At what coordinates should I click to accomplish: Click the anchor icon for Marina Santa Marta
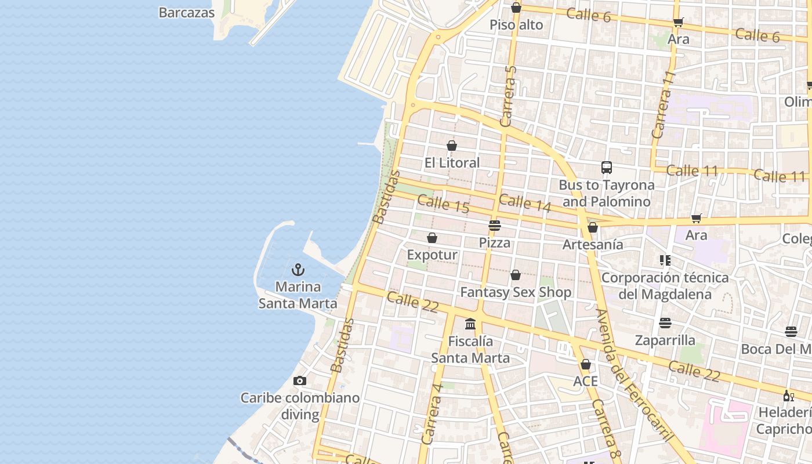298,270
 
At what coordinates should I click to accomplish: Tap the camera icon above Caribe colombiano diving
299,381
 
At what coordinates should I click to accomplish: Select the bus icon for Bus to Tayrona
607,168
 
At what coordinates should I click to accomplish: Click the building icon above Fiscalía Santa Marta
470,324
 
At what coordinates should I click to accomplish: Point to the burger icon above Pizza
495,225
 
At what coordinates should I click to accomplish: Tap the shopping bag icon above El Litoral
452,146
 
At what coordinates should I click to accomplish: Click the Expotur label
432,255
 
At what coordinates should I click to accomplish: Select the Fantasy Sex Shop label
516,292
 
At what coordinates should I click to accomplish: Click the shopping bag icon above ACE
586,364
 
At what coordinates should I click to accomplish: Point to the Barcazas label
187,12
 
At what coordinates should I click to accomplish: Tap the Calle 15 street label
443,204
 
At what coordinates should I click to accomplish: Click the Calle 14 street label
525,202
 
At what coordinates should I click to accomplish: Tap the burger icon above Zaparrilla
665,322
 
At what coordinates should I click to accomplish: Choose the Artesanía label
593,245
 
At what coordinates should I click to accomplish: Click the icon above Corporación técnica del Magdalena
665,260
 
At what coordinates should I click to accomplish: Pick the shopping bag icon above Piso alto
516,8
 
